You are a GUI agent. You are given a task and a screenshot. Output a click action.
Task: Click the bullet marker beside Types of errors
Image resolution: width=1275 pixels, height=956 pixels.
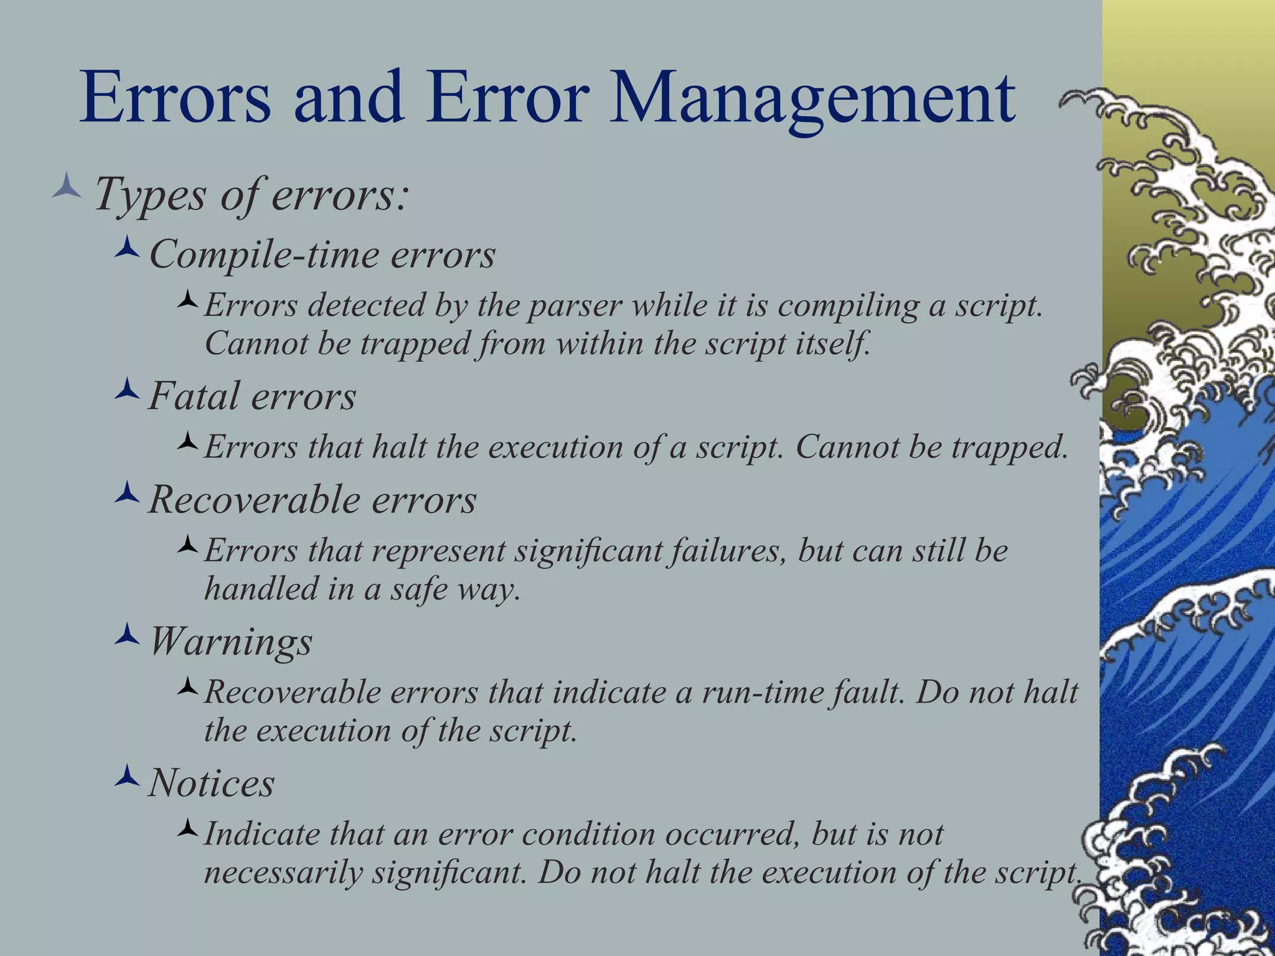tap(67, 187)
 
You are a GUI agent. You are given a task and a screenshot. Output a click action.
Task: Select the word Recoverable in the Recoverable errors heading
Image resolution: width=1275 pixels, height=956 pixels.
tap(245, 500)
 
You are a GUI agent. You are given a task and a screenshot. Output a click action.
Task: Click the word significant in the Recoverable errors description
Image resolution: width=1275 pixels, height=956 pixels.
tap(588, 551)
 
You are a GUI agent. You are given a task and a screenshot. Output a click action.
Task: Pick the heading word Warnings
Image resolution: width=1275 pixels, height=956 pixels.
tap(231, 641)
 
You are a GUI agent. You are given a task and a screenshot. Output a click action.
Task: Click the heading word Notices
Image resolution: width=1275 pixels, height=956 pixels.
tap(212, 783)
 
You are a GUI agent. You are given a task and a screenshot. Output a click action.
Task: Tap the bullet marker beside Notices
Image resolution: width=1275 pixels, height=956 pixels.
tap(127, 776)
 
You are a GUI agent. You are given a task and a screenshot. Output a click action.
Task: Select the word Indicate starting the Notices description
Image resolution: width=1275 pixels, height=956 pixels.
tap(262, 835)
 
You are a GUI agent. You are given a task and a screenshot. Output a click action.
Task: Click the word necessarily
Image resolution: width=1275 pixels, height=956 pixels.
tap(283, 873)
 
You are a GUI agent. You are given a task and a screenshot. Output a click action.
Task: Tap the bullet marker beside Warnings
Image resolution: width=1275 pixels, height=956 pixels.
tap(127, 634)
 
